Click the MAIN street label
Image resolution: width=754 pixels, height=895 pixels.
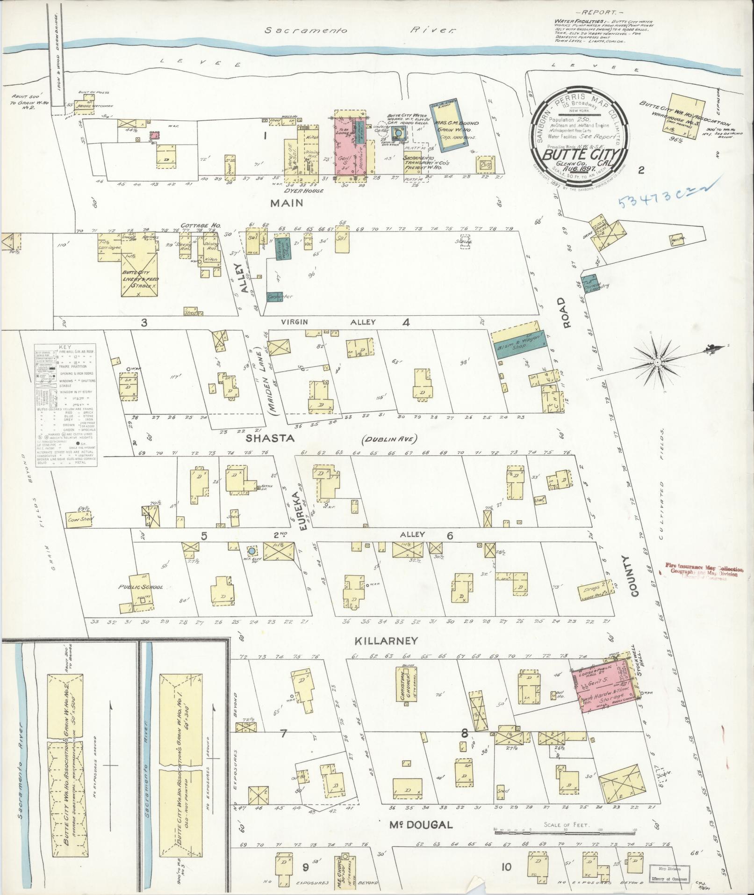[x=286, y=203]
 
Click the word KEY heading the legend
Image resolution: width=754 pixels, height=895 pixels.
[x=65, y=348]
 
